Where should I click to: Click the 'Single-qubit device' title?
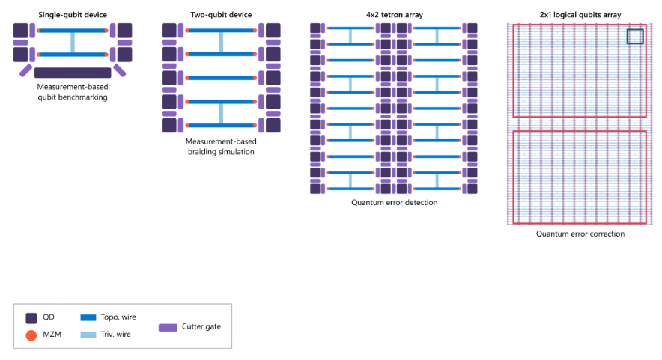(x=73, y=15)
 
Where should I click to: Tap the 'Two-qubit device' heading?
(x=221, y=15)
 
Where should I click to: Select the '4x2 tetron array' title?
(x=395, y=15)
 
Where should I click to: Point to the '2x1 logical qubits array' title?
(x=580, y=15)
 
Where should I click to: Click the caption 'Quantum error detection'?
(x=395, y=203)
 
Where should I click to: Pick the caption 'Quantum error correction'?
(x=580, y=234)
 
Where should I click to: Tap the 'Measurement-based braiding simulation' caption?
(x=221, y=147)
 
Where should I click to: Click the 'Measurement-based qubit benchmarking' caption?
(x=73, y=92)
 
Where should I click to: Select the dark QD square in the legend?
(x=31, y=318)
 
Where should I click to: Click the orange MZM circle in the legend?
(x=31, y=335)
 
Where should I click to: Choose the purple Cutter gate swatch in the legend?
(x=168, y=328)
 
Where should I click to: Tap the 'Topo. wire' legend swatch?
(x=88, y=317)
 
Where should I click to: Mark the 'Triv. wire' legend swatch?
(x=88, y=335)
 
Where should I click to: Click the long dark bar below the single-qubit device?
(x=73, y=73)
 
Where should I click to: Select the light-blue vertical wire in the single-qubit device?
(x=73, y=43)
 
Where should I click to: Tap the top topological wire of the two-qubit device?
(x=221, y=31)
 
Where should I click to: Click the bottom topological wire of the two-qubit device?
(x=221, y=125)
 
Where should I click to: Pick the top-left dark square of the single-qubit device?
(x=20, y=31)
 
